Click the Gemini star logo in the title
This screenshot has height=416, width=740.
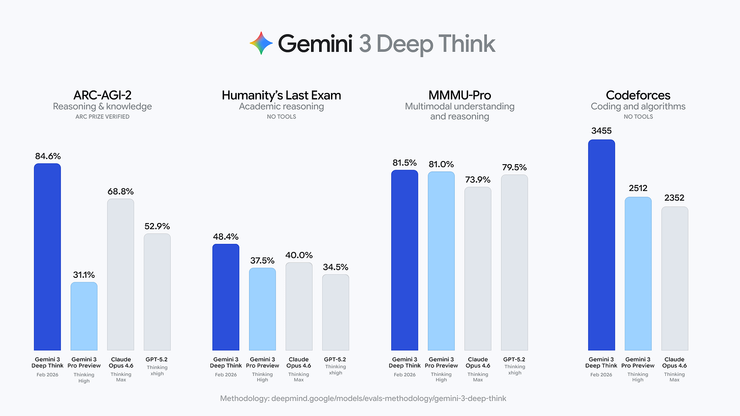point(261,43)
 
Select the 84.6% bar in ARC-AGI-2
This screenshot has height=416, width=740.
point(47,257)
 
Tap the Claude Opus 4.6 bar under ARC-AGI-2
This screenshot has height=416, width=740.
point(120,274)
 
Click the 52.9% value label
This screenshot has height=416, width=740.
point(157,226)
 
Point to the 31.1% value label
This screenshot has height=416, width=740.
point(84,274)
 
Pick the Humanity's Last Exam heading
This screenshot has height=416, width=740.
point(281,95)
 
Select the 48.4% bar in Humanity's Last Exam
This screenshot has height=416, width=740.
point(226,297)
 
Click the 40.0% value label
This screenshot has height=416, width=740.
point(299,255)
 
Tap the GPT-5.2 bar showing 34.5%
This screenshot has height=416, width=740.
point(335,312)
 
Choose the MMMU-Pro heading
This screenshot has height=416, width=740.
point(459,95)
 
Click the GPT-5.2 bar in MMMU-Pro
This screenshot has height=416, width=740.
point(514,263)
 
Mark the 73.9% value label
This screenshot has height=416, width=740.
point(478,179)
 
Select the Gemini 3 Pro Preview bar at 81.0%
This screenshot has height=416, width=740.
point(441,261)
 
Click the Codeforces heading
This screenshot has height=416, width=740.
point(638,95)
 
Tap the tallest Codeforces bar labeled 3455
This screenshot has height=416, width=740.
point(601,245)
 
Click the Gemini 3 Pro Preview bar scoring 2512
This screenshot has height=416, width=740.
point(638,274)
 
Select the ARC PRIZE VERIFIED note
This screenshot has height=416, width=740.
point(102,117)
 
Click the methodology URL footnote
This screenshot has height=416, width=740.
point(363,398)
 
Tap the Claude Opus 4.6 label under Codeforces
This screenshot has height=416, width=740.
point(674,362)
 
